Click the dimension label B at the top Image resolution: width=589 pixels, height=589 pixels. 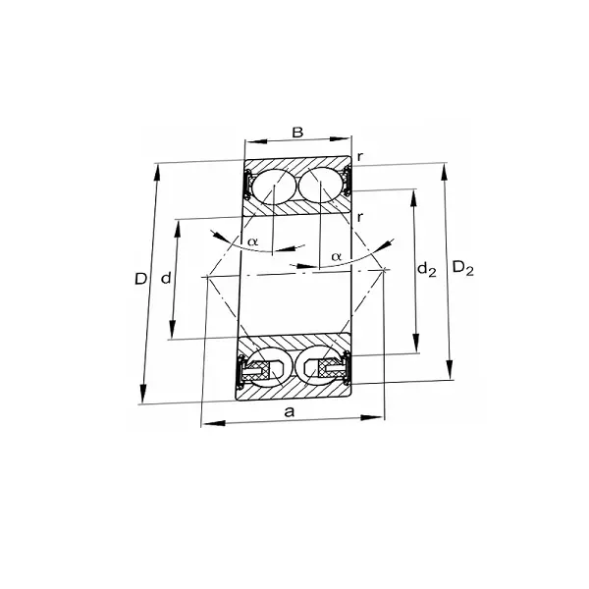pyautogui.click(x=297, y=132)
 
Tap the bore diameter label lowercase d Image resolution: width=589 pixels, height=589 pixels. pyautogui.click(x=166, y=279)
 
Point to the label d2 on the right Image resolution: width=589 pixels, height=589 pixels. pyautogui.click(x=426, y=269)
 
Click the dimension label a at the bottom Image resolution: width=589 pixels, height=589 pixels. pyautogui.click(x=290, y=411)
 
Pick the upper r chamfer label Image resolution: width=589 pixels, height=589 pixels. pyautogui.click(x=361, y=156)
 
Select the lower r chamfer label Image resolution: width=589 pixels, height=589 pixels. pyautogui.click(x=361, y=216)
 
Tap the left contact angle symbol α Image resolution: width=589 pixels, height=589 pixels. pyautogui.click(x=252, y=241)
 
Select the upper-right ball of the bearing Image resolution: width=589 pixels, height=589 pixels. pyautogui.click(x=322, y=187)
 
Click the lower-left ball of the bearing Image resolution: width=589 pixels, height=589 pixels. pyautogui.click(x=270, y=367)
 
